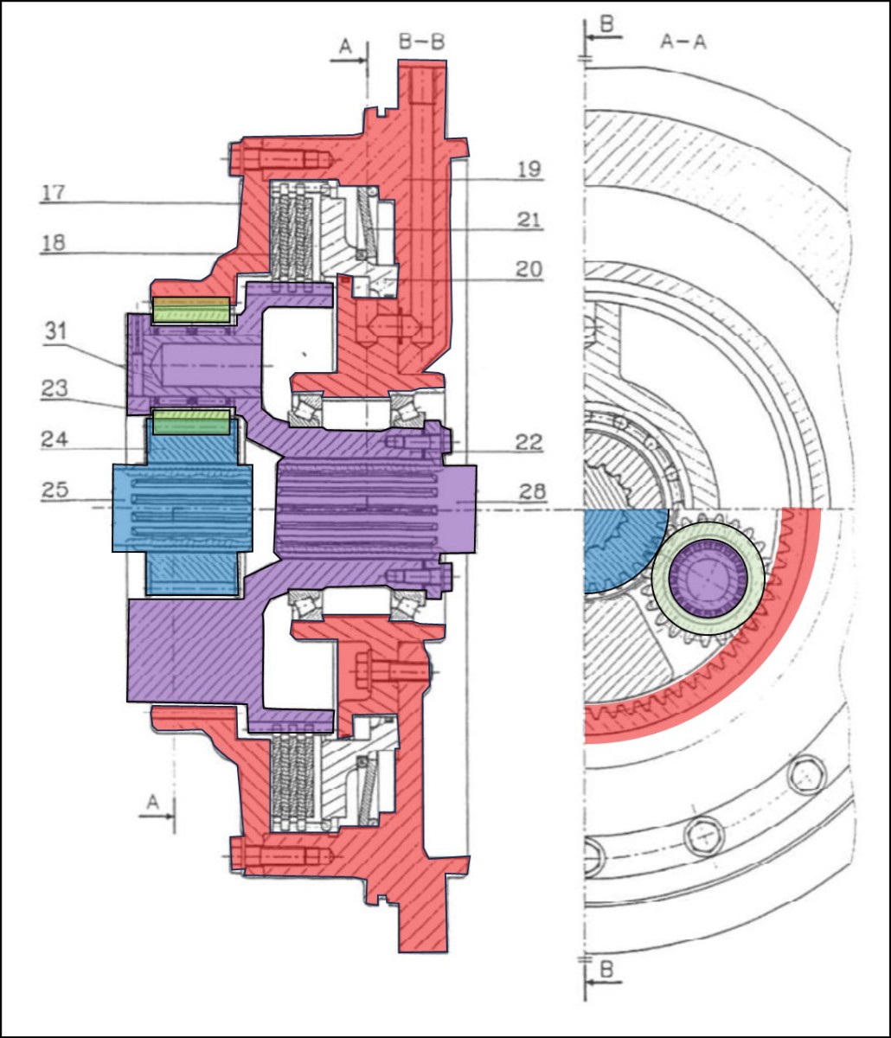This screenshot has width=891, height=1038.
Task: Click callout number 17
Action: point(53,192)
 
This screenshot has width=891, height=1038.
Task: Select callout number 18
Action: point(53,244)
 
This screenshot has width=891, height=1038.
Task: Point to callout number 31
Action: point(55,330)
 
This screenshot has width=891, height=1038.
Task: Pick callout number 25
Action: point(54,491)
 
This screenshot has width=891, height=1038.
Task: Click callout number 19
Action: point(529,170)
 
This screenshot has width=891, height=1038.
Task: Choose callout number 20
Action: point(529,270)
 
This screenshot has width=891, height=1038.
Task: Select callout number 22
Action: point(529,443)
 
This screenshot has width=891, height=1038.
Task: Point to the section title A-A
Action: point(683,42)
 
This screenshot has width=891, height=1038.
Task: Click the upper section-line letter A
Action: point(344,49)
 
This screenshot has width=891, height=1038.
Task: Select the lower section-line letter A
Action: point(152,803)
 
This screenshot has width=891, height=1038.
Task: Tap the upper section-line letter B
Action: point(606,24)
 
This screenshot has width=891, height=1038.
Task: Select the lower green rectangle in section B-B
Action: point(191,423)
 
